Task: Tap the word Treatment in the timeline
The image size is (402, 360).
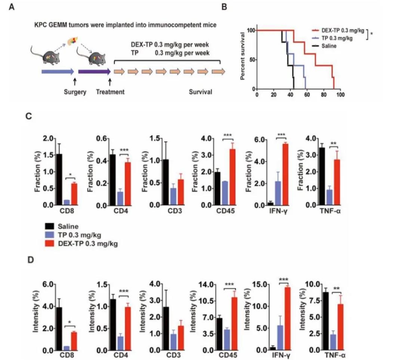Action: (x=110, y=92)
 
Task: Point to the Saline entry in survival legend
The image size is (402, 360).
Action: (x=329, y=46)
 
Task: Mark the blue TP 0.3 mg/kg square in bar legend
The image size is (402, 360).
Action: (x=49, y=234)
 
